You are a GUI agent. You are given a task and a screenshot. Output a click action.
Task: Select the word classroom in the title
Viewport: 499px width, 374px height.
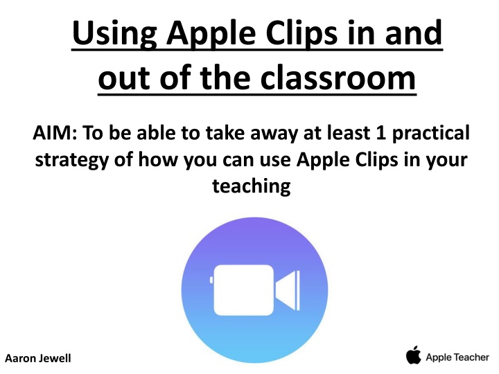pyautogui.click(x=338, y=77)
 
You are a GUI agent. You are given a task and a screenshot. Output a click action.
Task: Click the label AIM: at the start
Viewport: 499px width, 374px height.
pyautogui.click(x=55, y=132)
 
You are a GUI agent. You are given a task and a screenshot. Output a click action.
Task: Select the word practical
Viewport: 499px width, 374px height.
pyautogui.click(x=431, y=134)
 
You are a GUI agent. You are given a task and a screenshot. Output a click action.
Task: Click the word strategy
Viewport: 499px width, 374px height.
pyautogui.click(x=71, y=160)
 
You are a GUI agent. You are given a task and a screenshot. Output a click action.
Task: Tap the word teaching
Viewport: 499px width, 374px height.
pyautogui.click(x=252, y=186)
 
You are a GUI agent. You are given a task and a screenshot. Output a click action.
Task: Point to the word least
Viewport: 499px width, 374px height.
pyautogui.click(x=349, y=132)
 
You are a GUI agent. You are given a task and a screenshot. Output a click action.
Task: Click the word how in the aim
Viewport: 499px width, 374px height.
pyautogui.click(x=157, y=159)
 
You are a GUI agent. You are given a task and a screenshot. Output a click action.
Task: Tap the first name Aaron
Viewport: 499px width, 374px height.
pyautogui.click(x=20, y=359)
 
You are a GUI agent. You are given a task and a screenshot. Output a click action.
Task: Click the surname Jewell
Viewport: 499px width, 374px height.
pyautogui.click(x=55, y=359)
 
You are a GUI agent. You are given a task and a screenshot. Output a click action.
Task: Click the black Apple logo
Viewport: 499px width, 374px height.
pyautogui.click(x=413, y=355)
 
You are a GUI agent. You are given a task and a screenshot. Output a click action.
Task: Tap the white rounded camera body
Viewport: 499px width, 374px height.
pyautogui.click(x=244, y=290)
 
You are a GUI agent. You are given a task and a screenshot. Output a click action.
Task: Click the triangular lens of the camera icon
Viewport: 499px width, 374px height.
pyautogui.click(x=288, y=290)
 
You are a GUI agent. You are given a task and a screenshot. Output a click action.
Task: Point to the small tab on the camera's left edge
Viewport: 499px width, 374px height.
pyautogui.click(x=211, y=280)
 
